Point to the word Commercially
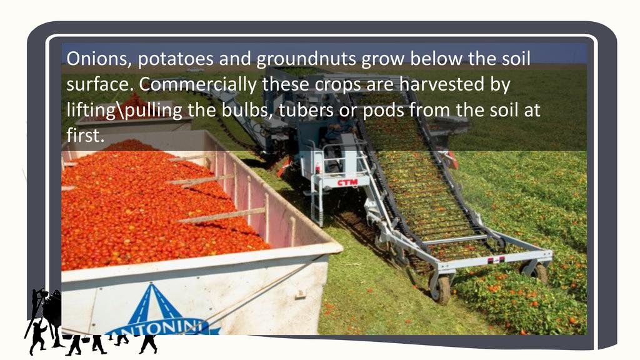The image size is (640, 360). pyautogui.click(x=197, y=85)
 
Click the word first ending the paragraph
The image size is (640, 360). pyautogui.click(x=85, y=135)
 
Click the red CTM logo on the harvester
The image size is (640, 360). pyautogui.click(x=347, y=182)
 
